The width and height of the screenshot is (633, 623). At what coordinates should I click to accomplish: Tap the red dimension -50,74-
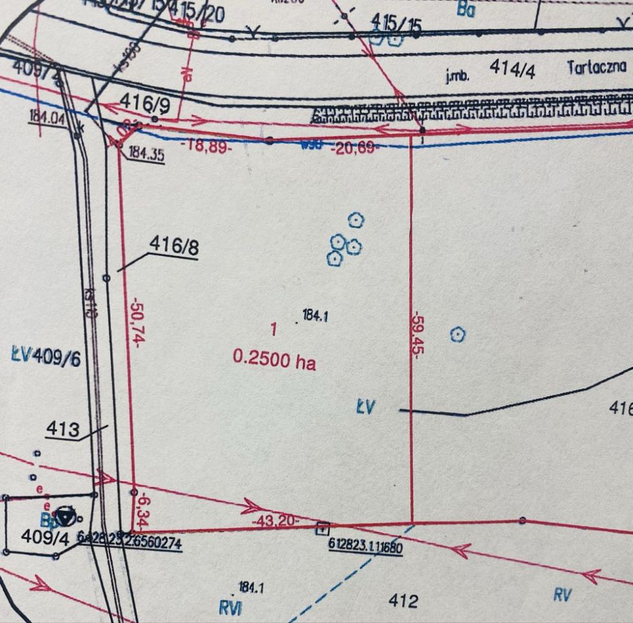[136, 323]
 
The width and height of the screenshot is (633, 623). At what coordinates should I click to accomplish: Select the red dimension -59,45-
[418, 332]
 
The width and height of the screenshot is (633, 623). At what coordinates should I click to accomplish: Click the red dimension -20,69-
[353, 148]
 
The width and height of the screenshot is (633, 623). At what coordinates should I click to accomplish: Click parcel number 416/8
[173, 245]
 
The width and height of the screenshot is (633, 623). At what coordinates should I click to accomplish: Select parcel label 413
[63, 429]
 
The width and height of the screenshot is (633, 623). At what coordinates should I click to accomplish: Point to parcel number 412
[403, 601]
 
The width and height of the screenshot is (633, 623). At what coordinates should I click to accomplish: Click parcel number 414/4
[512, 69]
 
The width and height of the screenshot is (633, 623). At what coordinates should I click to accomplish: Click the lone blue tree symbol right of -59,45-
[458, 335]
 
